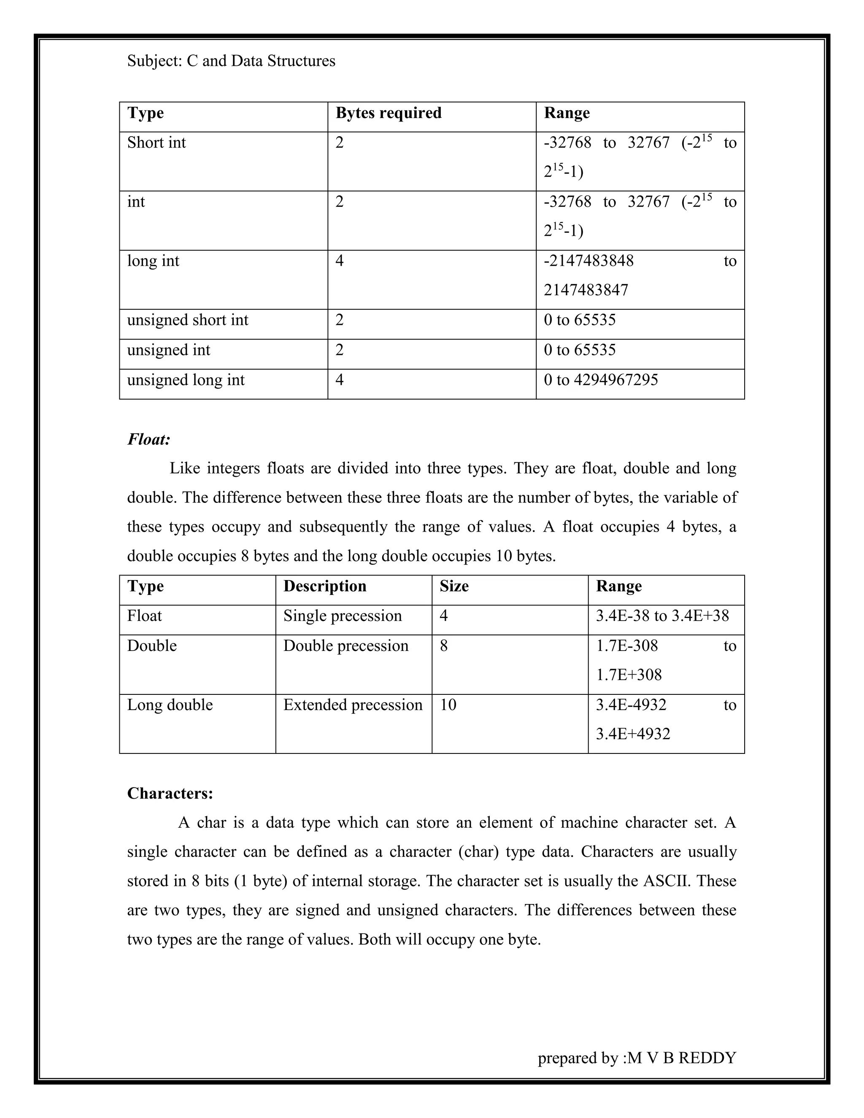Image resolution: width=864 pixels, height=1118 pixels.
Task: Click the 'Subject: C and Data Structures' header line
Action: pos(231,61)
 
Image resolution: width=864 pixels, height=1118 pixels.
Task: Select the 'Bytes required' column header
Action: pos(388,113)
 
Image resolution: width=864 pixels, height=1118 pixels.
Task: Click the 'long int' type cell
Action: pos(153,261)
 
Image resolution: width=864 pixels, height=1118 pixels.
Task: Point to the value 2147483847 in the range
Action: pos(586,290)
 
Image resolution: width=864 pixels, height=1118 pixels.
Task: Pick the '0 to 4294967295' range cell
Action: pos(600,380)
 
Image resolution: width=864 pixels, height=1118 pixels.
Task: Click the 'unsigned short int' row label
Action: pos(187,320)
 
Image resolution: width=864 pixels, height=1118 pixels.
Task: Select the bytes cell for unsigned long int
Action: pos(339,380)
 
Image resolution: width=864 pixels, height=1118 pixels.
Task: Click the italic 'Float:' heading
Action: pos(148,439)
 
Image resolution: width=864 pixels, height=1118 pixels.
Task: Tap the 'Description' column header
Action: pos(324,586)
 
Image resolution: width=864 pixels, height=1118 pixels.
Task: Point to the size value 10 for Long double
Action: pos(448,705)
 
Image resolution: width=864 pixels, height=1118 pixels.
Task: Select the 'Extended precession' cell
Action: pos(353,705)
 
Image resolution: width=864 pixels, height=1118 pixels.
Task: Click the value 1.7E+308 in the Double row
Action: pos(629,675)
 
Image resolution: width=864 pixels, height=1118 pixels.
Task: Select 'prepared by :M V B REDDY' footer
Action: pos(636,1058)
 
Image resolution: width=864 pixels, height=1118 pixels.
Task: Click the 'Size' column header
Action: pos(454,586)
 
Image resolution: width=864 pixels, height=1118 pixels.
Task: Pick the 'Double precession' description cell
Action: pos(346,645)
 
